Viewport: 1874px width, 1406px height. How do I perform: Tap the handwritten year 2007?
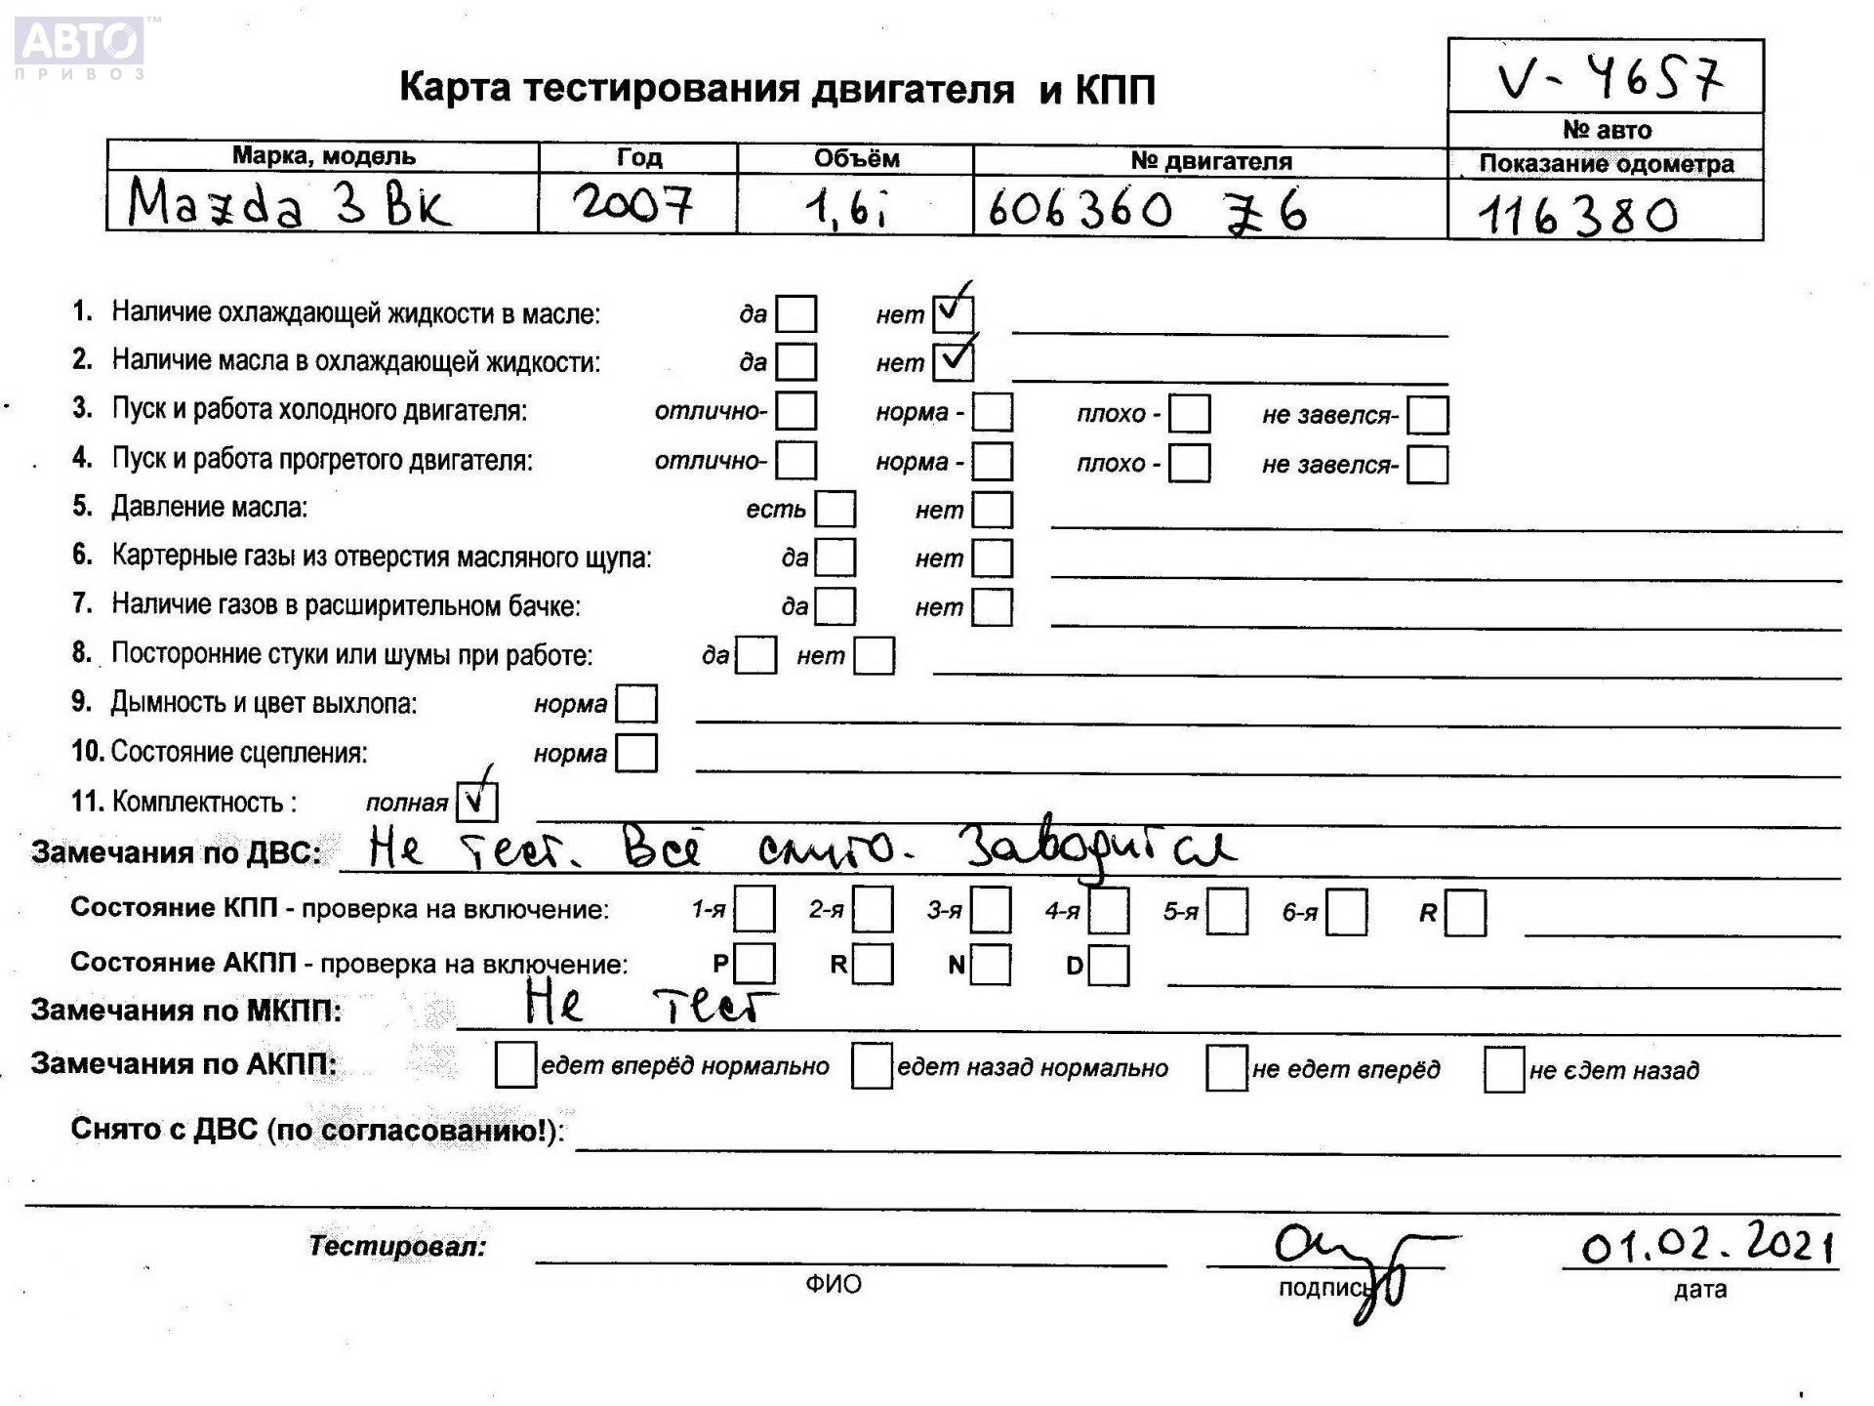[x=633, y=205]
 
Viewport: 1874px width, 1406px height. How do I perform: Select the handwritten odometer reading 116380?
[x=1577, y=215]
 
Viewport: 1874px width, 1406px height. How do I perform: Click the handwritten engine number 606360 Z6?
[x=1146, y=210]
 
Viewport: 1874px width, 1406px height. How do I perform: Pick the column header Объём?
[x=855, y=158]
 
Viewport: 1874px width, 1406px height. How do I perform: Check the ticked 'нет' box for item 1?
[x=953, y=312]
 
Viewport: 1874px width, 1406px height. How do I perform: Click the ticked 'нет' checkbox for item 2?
[x=953, y=361]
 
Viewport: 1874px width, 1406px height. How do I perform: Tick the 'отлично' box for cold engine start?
[x=795, y=411]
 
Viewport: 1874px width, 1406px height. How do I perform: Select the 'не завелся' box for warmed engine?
[x=1427, y=464]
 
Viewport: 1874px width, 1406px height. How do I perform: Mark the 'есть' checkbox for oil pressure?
[x=835, y=509]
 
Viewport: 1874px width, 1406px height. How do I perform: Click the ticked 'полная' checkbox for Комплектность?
[x=476, y=802]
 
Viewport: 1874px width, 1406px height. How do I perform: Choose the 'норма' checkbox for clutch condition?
[x=636, y=753]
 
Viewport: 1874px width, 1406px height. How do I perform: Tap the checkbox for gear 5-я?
[x=1227, y=912]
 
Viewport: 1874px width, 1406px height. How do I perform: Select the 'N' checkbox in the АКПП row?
[x=991, y=965]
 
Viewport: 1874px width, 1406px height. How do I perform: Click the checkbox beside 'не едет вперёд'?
[x=1226, y=1067]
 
